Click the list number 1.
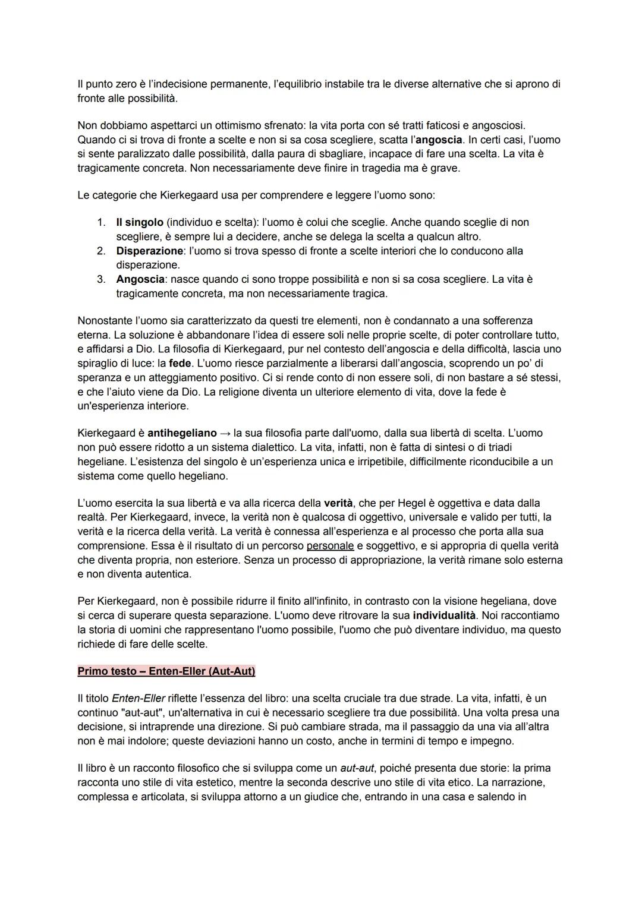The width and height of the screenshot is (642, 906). [101, 222]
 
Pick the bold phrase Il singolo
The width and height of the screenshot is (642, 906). [139, 222]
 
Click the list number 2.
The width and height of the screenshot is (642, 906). [101, 251]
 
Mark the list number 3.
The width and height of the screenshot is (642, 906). [101, 279]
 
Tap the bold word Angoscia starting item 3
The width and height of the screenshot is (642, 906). [140, 279]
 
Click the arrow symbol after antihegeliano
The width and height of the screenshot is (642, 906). [225, 433]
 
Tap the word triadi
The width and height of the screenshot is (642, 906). [497, 447]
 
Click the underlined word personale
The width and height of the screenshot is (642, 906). [330, 546]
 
